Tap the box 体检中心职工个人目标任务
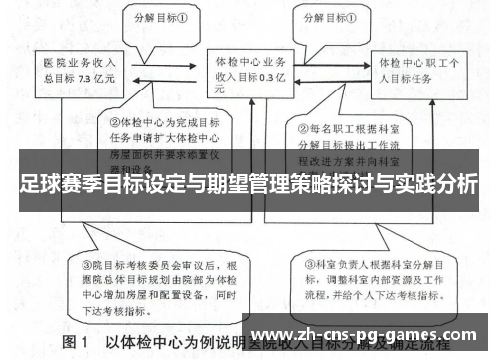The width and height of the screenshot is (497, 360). point(416,68)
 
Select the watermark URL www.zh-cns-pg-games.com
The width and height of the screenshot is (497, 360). point(369,332)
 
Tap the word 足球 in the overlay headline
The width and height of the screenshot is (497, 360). point(38,186)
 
